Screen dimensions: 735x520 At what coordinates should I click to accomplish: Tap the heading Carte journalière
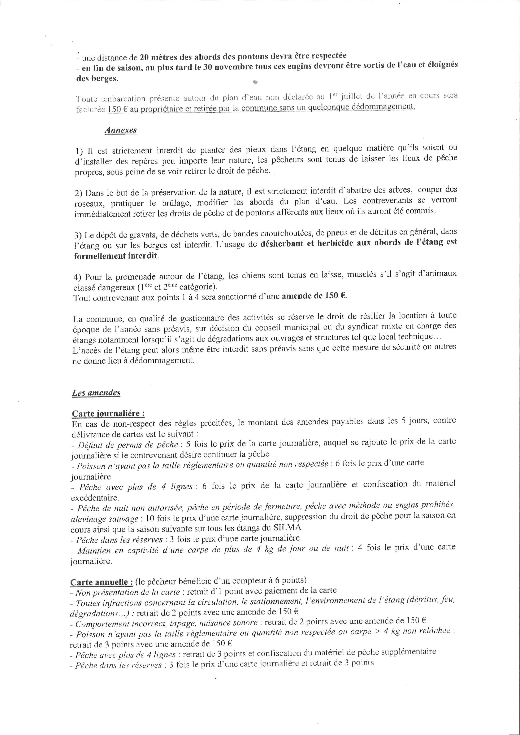coord(108,413)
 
